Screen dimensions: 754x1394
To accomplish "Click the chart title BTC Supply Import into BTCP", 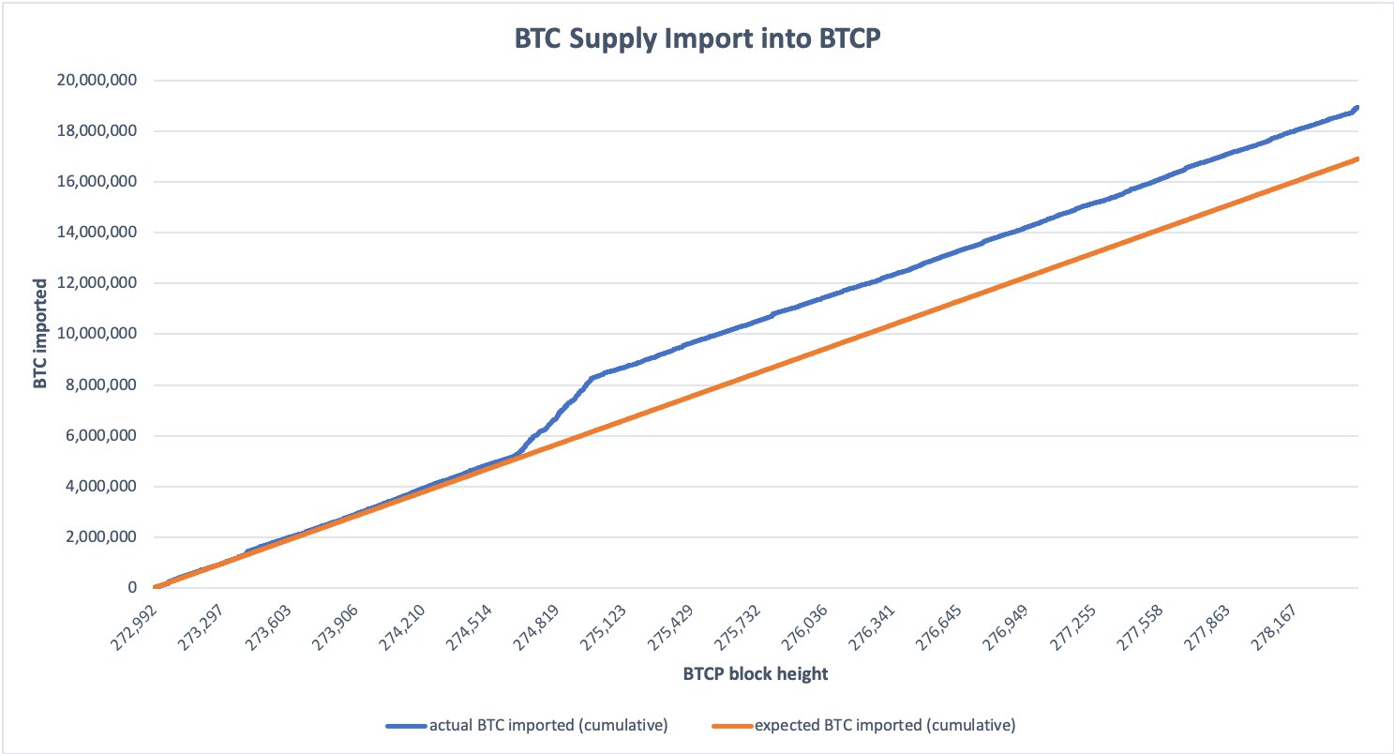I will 697,40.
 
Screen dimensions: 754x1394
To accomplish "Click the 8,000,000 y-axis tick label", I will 97,385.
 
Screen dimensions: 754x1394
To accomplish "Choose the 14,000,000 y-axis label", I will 94,233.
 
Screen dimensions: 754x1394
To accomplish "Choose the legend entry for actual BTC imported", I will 547,725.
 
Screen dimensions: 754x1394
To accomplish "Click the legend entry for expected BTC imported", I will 884,725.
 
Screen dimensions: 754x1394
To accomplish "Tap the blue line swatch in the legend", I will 406,726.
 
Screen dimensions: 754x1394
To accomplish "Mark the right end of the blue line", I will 1357,107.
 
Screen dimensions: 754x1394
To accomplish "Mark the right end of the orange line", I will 1357,158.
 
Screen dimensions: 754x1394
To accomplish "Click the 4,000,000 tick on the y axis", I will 97,487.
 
